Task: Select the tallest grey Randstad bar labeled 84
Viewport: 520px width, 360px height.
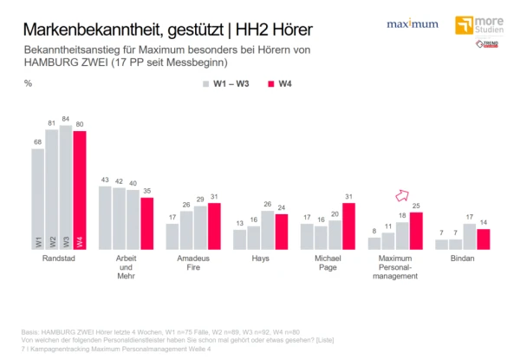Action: point(67,187)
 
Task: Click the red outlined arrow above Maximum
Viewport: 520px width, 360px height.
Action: point(402,196)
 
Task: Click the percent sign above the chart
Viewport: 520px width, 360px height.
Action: point(29,83)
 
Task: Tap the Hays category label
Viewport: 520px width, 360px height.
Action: point(261,259)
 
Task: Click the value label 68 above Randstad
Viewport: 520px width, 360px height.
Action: point(36,142)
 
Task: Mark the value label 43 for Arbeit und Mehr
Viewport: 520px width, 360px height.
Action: point(104,179)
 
